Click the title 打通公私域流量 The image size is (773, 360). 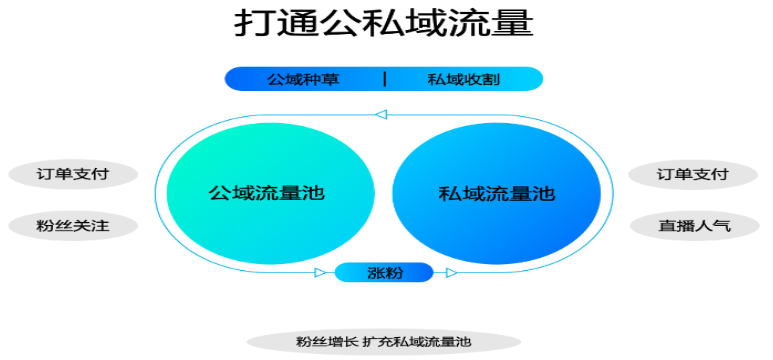pos(384,24)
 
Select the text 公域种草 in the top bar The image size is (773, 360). pos(302,79)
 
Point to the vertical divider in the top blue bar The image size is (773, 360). pos(385,79)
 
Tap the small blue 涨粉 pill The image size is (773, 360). pos(384,272)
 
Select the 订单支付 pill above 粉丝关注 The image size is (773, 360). pos(74,174)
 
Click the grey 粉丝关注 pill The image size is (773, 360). pos(74,225)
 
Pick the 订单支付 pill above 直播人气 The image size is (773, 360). pos(693,174)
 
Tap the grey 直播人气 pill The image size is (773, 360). pos(693,225)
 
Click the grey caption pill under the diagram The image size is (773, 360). pos(384,342)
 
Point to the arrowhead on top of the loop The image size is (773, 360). pos(380,115)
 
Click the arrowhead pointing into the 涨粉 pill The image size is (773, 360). pos(320,272)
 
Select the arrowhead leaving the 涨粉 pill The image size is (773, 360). pos(451,272)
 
